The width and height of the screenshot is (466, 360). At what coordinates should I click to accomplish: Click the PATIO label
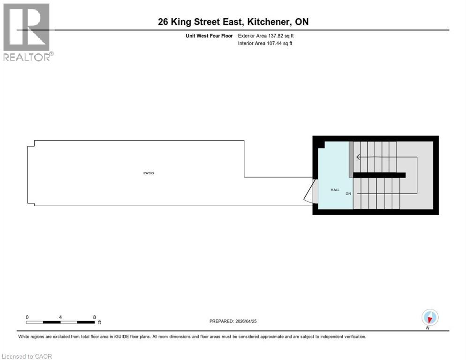pyautogui.click(x=149, y=173)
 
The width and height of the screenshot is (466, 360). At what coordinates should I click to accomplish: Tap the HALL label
pyautogui.click(x=335, y=189)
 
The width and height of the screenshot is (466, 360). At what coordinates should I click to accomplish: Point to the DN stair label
pyautogui.click(x=348, y=194)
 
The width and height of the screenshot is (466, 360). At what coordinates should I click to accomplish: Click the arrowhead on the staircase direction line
pyautogui.click(x=359, y=157)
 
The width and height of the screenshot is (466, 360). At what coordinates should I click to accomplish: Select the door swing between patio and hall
pyautogui.click(x=310, y=194)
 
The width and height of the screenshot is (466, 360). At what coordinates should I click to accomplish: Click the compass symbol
pyautogui.click(x=429, y=317)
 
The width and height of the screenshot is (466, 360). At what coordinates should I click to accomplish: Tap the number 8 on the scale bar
pyautogui.click(x=94, y=317)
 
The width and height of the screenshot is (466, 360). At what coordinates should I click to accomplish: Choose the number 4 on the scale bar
pyautogui.click(x=60, y=317)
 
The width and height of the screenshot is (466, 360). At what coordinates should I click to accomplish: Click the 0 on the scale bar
pyautogui.click(x=27, y=317)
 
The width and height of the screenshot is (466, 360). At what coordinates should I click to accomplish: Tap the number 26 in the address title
pyautogui.click(x=164, y=22)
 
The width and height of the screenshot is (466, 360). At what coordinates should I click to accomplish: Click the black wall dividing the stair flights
pyautogui.click(x=379, y=175)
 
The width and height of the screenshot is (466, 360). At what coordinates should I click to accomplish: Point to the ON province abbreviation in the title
pyautogui.click(x=301, y=22)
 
